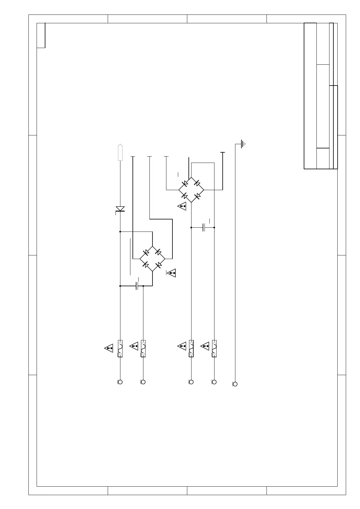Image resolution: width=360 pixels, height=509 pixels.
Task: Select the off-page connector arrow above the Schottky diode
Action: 120,152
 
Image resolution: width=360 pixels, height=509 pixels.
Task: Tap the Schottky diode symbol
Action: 120,209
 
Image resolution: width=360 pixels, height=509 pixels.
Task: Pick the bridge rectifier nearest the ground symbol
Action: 191,190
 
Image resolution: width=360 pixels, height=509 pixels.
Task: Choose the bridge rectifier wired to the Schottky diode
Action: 152,259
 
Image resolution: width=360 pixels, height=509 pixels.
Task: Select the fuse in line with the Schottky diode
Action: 120,348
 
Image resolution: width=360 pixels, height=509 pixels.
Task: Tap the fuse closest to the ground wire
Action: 214,348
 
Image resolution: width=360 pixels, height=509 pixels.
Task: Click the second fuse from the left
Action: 143,348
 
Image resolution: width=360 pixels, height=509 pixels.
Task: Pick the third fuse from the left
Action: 191,348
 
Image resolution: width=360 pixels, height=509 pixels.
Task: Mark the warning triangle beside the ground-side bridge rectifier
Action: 182,206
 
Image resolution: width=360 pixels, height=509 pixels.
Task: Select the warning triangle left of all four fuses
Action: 109,348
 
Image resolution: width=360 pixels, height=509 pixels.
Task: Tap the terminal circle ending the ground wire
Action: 235,384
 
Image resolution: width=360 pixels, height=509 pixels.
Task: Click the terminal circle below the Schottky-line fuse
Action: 120,382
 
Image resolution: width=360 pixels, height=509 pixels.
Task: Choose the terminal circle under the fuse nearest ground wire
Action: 214,382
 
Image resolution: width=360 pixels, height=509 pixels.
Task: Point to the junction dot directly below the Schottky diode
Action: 120,232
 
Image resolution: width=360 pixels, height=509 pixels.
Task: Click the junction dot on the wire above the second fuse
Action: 143,286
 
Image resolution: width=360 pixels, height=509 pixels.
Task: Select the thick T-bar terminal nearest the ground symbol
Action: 223,153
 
